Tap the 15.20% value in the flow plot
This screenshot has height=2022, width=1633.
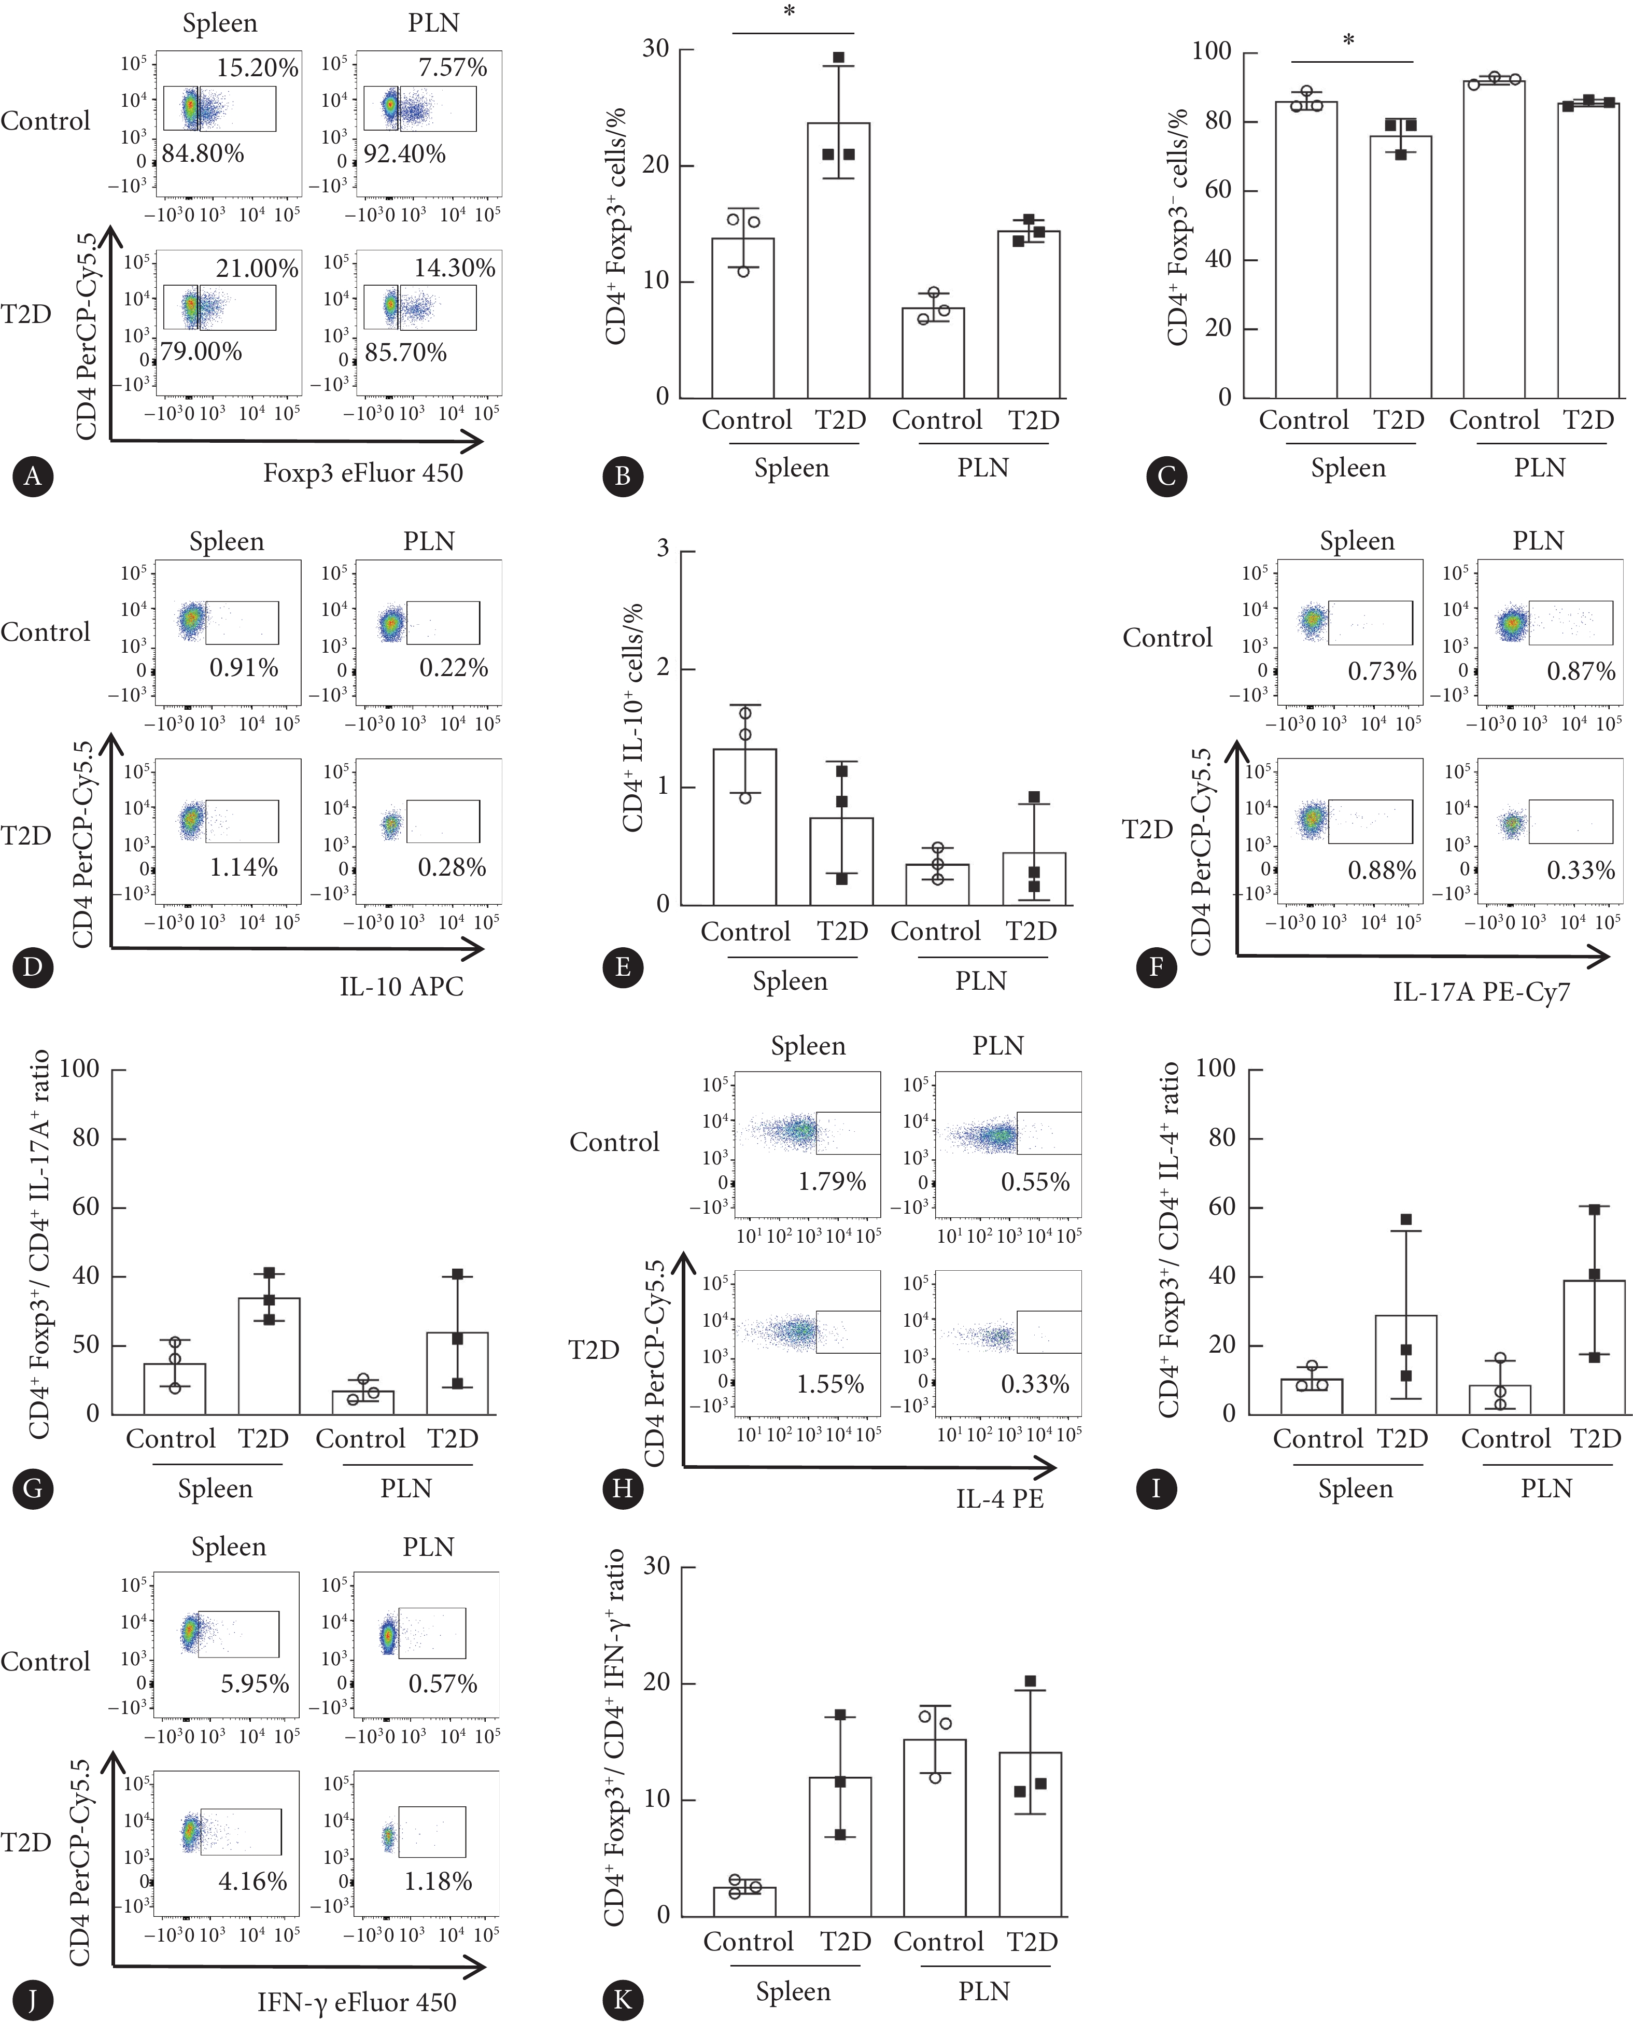[257, 68]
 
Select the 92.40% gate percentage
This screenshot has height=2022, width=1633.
[404, 153]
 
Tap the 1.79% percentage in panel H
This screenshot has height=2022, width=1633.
[832, 1181]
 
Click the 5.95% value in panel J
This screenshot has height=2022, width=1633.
[255, 1683]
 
